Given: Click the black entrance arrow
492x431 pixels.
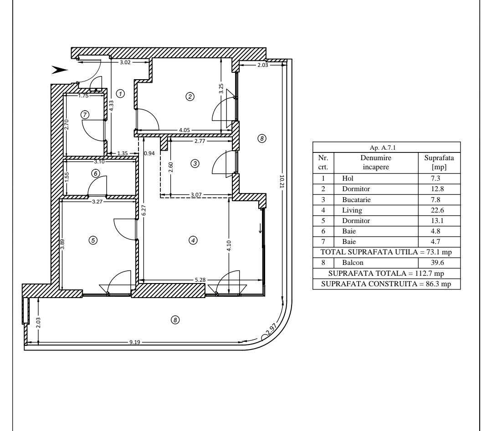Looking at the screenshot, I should click(60, 70).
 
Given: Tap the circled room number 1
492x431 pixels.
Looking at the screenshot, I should click(120, 93).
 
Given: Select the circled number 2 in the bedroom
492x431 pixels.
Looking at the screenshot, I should click(190, 96).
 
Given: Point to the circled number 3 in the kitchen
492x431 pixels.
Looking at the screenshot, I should click(195, 163).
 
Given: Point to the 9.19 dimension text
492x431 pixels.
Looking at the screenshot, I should click(134, 342).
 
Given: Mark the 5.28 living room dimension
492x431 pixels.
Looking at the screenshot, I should click(200, 279).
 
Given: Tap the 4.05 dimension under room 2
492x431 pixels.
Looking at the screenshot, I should click(184, 130).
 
